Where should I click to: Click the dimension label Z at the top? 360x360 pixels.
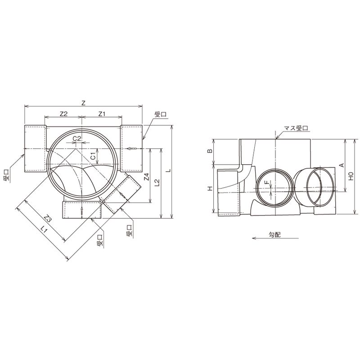83,103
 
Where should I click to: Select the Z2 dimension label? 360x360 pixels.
63,114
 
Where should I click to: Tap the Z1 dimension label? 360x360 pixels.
102,114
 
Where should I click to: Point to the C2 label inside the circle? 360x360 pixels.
77,139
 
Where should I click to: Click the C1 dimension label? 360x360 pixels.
93,156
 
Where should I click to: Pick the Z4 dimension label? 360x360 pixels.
147,177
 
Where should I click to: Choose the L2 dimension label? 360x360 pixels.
157,182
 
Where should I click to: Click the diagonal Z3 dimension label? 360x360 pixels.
48,218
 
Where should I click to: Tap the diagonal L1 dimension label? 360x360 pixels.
44,229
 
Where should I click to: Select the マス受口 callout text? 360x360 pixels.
296,128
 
